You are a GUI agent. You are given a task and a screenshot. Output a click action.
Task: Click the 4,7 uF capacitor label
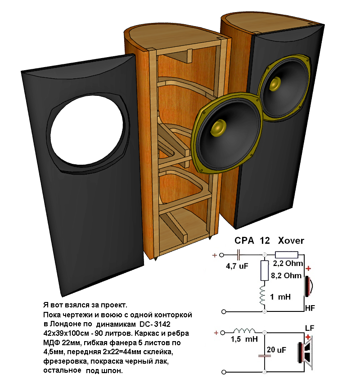[237, 266]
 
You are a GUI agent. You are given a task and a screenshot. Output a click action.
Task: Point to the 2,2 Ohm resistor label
[288, 263]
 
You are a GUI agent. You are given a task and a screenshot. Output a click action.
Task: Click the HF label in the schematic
[310, 308]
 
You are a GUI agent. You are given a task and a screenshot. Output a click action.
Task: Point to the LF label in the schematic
[310, 327]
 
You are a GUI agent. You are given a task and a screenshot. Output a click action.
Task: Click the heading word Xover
[291, 241]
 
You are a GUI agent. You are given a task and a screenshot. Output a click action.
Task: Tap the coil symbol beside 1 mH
[264, 297]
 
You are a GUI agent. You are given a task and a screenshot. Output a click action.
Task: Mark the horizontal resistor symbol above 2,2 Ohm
[287, 254]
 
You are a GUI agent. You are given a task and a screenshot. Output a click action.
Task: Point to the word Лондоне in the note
[66, 324]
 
